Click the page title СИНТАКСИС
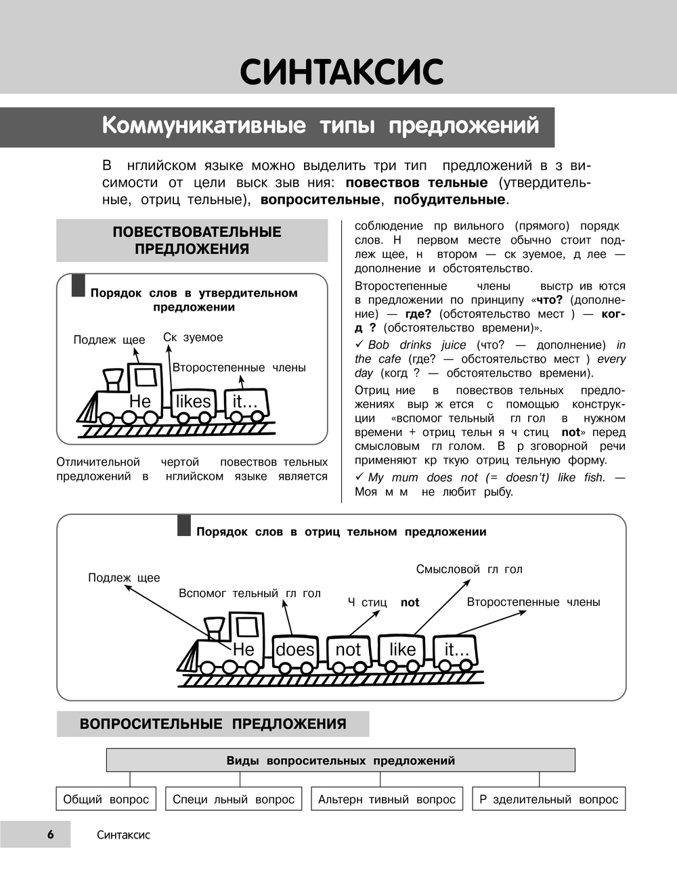(342, 72)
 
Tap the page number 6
(50, 835)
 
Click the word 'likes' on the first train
(194, 401)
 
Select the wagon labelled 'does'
(295, 650)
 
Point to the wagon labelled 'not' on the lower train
(349, 650)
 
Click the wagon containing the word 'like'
(402, 650)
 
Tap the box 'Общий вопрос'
(106, 799)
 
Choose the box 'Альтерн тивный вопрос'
(387, 799)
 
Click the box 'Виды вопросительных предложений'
(341, 761)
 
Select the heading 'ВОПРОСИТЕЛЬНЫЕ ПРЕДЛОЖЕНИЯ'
(213, 724)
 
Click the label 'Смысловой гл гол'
(469, 569)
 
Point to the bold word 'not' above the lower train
(410, 602)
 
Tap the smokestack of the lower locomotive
(215, 626)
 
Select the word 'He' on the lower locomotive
(243, 650)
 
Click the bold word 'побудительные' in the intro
(449, 200)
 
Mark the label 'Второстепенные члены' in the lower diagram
(533, 602)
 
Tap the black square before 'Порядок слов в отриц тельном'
(184, 525)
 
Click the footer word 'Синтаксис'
(123, 835)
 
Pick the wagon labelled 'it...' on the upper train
(245, 401)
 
